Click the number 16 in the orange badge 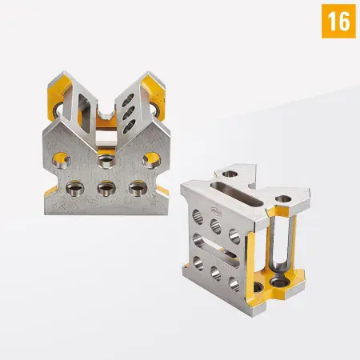pos(338,21)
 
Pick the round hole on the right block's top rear pos(230,173)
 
